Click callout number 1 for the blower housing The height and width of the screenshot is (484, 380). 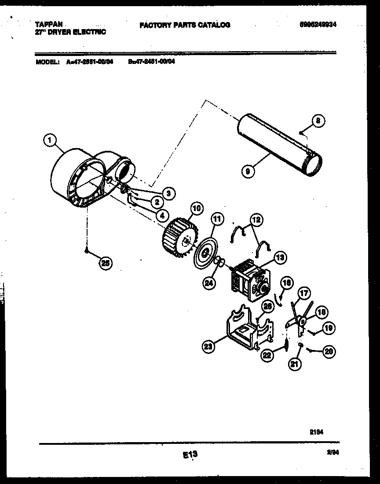(50, 141)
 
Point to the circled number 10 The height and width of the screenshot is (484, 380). (196, 208)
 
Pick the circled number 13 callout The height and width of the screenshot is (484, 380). (280, 257)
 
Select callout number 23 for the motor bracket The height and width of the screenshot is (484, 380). (209, 347)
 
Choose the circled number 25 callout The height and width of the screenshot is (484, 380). (105, 263)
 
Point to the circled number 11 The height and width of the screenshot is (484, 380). (216, 219)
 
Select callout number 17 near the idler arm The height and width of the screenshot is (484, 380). (303, 293)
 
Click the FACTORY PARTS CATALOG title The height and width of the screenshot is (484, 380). (185, 25)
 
